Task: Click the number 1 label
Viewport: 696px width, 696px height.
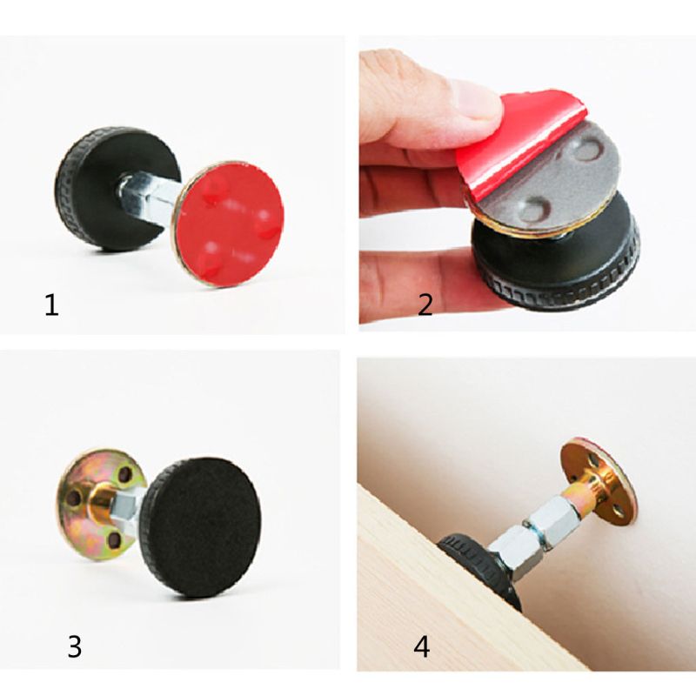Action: tap(52, 306)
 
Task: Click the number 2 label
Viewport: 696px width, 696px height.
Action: tap(425, 304)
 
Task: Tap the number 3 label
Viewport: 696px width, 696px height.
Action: tap(75, 646)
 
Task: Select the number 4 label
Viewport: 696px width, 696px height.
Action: tap(422, 648)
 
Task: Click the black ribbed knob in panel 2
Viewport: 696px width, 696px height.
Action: tap(557, 261)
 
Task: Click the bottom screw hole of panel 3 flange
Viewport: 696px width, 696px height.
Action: tap(114, 540)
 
